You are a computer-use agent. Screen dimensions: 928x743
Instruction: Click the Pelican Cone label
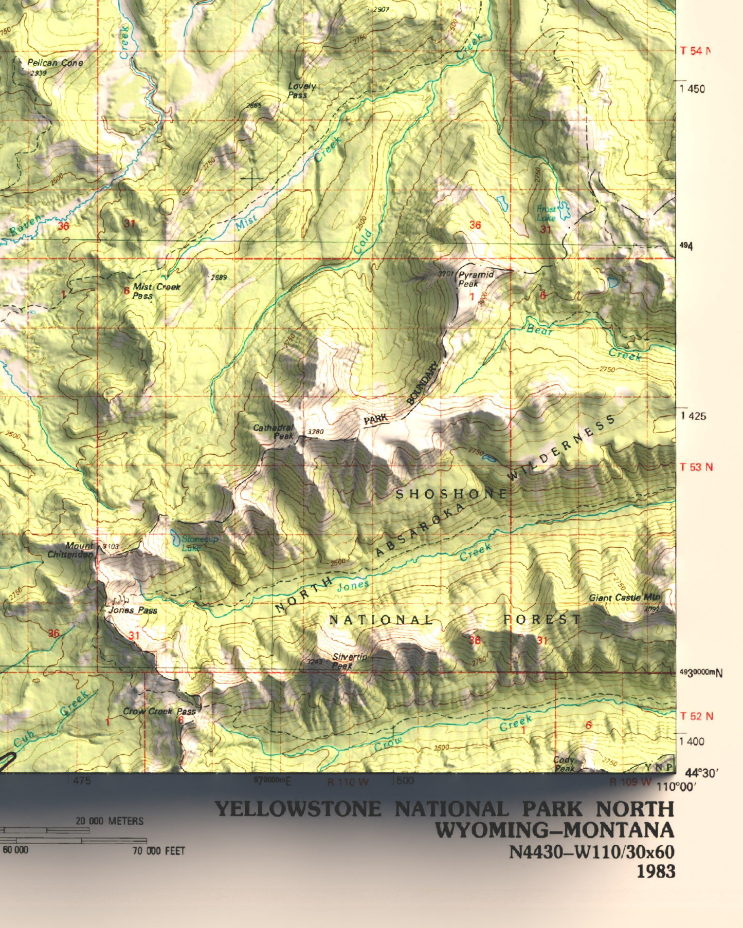(55, 63)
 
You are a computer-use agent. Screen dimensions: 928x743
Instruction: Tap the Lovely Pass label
(301, 90)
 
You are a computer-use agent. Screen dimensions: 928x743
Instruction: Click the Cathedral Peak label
(274, 432)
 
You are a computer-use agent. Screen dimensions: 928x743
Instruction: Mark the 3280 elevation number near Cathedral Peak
(315, 432)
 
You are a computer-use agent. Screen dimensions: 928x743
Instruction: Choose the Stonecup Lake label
(200, 543)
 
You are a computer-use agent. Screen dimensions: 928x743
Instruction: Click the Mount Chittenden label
(71, 550)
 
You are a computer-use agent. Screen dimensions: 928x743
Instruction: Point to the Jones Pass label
(133, 610)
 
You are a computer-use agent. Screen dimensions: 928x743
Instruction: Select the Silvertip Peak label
(350, 661)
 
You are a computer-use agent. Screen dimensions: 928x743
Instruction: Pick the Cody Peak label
(564, 764)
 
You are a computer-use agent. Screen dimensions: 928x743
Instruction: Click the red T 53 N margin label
(696, 467)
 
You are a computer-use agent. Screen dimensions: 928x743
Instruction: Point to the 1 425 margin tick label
(694, 416)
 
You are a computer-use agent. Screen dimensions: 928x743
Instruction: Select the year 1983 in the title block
(656, 871)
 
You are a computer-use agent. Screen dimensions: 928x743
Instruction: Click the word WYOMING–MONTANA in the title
(555, 830)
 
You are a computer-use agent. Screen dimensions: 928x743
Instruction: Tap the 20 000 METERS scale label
(110, 821)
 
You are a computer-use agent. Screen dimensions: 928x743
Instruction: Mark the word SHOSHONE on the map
(451, 494)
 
